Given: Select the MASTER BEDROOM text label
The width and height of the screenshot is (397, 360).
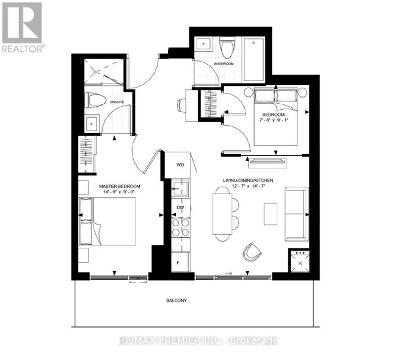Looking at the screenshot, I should (120, 186).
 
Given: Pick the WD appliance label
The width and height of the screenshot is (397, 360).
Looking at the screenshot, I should (180, 165).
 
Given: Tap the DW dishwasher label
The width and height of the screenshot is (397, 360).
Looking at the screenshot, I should (180, 208).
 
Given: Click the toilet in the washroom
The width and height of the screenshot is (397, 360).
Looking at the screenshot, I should (228, 48).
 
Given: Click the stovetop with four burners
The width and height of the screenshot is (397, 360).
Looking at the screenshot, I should (181, 228).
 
